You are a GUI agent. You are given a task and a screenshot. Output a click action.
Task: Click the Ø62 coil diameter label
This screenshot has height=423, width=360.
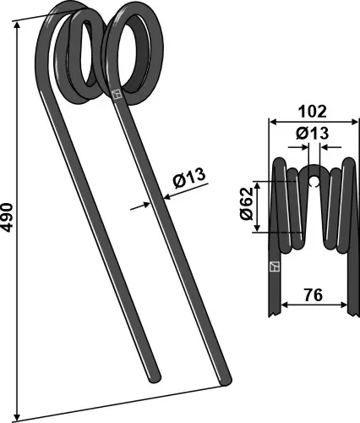click(246, 206)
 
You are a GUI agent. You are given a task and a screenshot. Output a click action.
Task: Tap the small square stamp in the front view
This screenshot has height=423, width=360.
click(272, 267)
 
